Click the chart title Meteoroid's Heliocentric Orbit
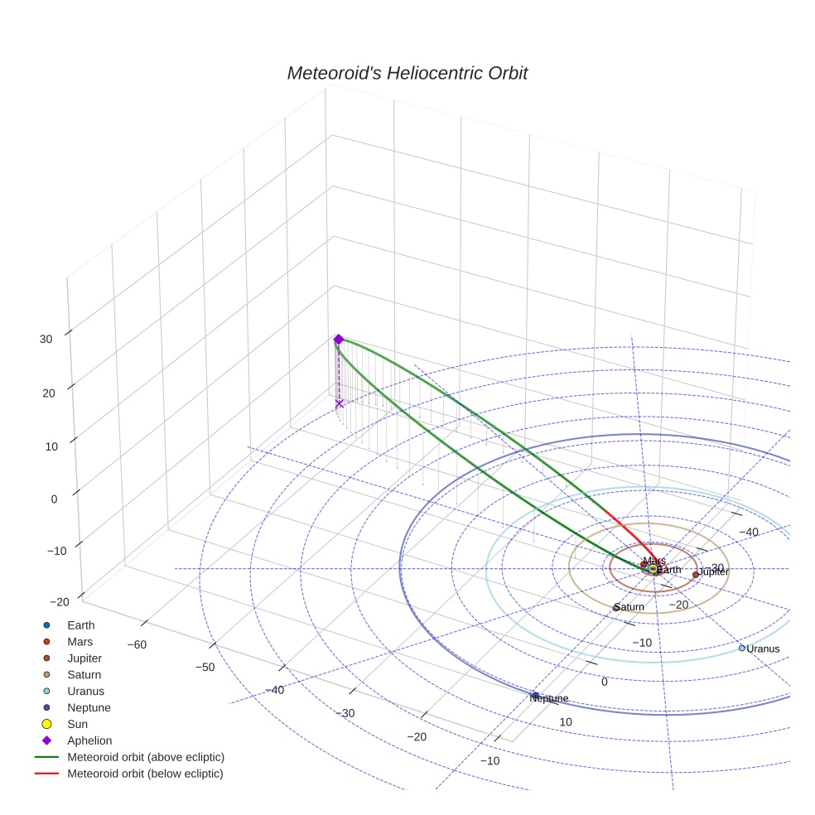click(407, 73)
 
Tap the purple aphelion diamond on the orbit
click(339, 339)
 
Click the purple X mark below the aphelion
click(340, 403)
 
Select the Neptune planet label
click(549, 698)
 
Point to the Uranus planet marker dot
click(742, 648)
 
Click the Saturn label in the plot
click(629, 607)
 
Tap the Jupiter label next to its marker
click(712, 572)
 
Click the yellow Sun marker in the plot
click(653, 569)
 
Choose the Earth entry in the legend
click(81, 625)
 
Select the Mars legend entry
click(80, 641)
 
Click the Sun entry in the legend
click(78, 724)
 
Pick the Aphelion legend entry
click(89, 740)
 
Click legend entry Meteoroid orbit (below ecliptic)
click(146, 774)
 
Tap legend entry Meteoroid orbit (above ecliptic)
click(146, 757)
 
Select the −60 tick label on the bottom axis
click(137, 644)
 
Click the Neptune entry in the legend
click(89, 707)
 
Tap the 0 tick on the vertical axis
click(54, 499)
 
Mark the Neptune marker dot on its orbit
click(535, 695)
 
